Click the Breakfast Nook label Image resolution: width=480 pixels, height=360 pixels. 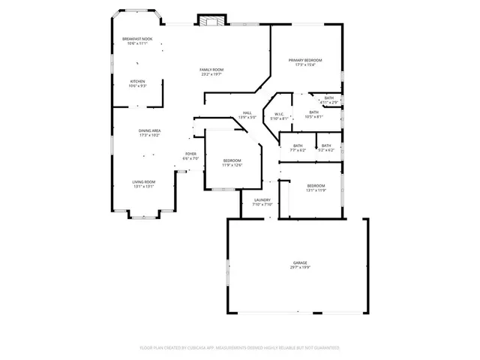tap(137, 39)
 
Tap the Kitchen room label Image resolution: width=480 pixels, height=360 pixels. tap(137, 81)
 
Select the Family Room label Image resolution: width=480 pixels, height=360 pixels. tap(212, 70)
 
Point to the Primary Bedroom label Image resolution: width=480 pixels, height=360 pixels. tap(306, 60)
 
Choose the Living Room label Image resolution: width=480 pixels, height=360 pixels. tap(144, 181)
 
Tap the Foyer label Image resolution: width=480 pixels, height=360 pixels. tap(191, 154)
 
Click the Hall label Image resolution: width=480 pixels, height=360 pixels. tap(247, 113)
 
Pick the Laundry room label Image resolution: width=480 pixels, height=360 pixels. tap(262, 199)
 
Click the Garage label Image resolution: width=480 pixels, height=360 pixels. tap(300, 262)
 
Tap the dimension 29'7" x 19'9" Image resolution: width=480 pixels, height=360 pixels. tap(300, 267)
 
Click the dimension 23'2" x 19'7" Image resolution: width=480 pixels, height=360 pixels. tap(212, 74)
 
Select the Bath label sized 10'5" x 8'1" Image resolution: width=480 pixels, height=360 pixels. tap(313, 112)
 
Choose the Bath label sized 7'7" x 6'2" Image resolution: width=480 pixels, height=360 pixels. tap(298, 145)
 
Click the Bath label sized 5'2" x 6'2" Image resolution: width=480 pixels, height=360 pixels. tap(326, 145)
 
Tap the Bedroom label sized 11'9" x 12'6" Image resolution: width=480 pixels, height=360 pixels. tap(232, 160)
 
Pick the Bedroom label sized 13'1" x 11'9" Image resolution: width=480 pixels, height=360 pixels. tap(316, 185)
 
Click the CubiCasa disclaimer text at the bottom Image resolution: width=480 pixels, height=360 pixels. tap(240, 348)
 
